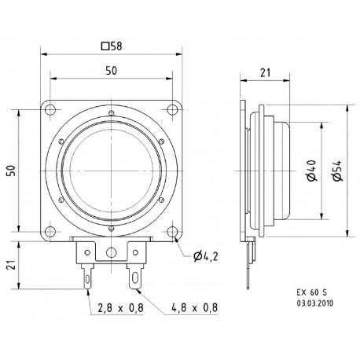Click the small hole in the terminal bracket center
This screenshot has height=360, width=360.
click(112, 253)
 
